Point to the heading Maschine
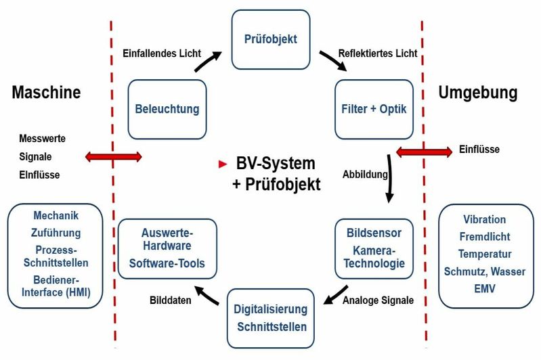(x=46, y=92)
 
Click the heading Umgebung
(x=477, y=92)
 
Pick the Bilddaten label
(x=169, y=300)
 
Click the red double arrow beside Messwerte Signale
(x=113, y=157)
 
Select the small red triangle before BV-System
(x=221, y=164)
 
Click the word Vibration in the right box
(x=484, y=220)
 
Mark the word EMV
(x=484, y=288)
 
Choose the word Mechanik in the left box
(x=56, y=217)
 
